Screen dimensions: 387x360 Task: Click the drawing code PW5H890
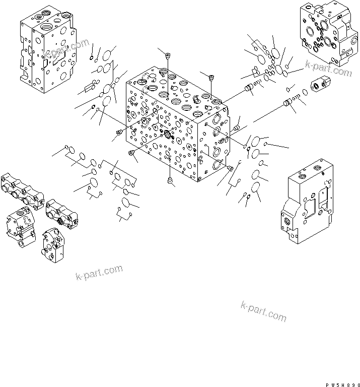point(339,383)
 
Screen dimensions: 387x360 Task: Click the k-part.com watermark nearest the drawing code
point(263,311)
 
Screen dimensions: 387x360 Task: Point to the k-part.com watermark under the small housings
point(99,272)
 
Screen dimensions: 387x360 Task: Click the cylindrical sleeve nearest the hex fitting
point(290,103)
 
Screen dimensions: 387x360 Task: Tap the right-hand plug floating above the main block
point(211,77)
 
